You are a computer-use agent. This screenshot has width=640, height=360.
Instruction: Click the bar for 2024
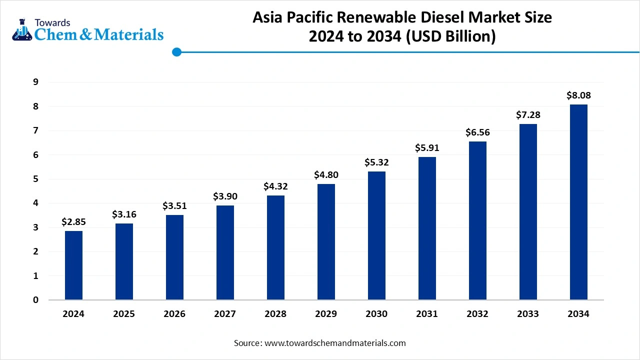73,265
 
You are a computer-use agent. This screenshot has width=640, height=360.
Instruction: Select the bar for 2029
326,242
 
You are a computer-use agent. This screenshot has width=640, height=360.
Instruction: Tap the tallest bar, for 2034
578,202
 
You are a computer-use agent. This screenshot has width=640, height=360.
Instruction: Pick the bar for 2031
427,228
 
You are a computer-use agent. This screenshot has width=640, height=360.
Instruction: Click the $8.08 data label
578,95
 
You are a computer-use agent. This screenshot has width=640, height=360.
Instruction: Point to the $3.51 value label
174,205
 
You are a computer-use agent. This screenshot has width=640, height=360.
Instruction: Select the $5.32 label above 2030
376,162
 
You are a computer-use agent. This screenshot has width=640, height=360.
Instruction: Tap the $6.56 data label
477,132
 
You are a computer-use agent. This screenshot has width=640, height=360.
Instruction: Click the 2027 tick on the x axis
225,314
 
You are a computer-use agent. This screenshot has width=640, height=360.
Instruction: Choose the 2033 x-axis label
528,314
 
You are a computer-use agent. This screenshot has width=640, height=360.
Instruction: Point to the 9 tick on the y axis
35,82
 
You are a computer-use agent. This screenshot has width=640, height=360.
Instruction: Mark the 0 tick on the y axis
35,300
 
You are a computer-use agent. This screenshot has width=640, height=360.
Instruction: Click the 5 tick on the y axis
35,179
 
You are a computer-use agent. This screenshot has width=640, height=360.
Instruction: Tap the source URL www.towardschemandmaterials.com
334,343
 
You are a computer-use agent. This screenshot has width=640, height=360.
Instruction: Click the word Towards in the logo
52,22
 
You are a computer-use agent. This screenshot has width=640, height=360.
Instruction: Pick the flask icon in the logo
21,29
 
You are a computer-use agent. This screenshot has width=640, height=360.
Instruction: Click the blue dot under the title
176,51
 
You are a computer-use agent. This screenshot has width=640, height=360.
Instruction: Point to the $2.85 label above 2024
73,221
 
